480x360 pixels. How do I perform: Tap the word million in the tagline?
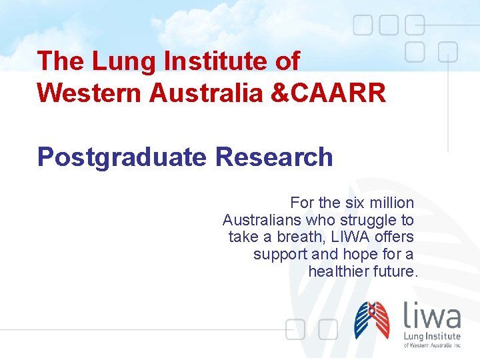(x=389, y=203)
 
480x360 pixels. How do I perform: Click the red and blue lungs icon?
(x=372, y=320)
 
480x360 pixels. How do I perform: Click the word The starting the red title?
(x=61, y=61)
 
